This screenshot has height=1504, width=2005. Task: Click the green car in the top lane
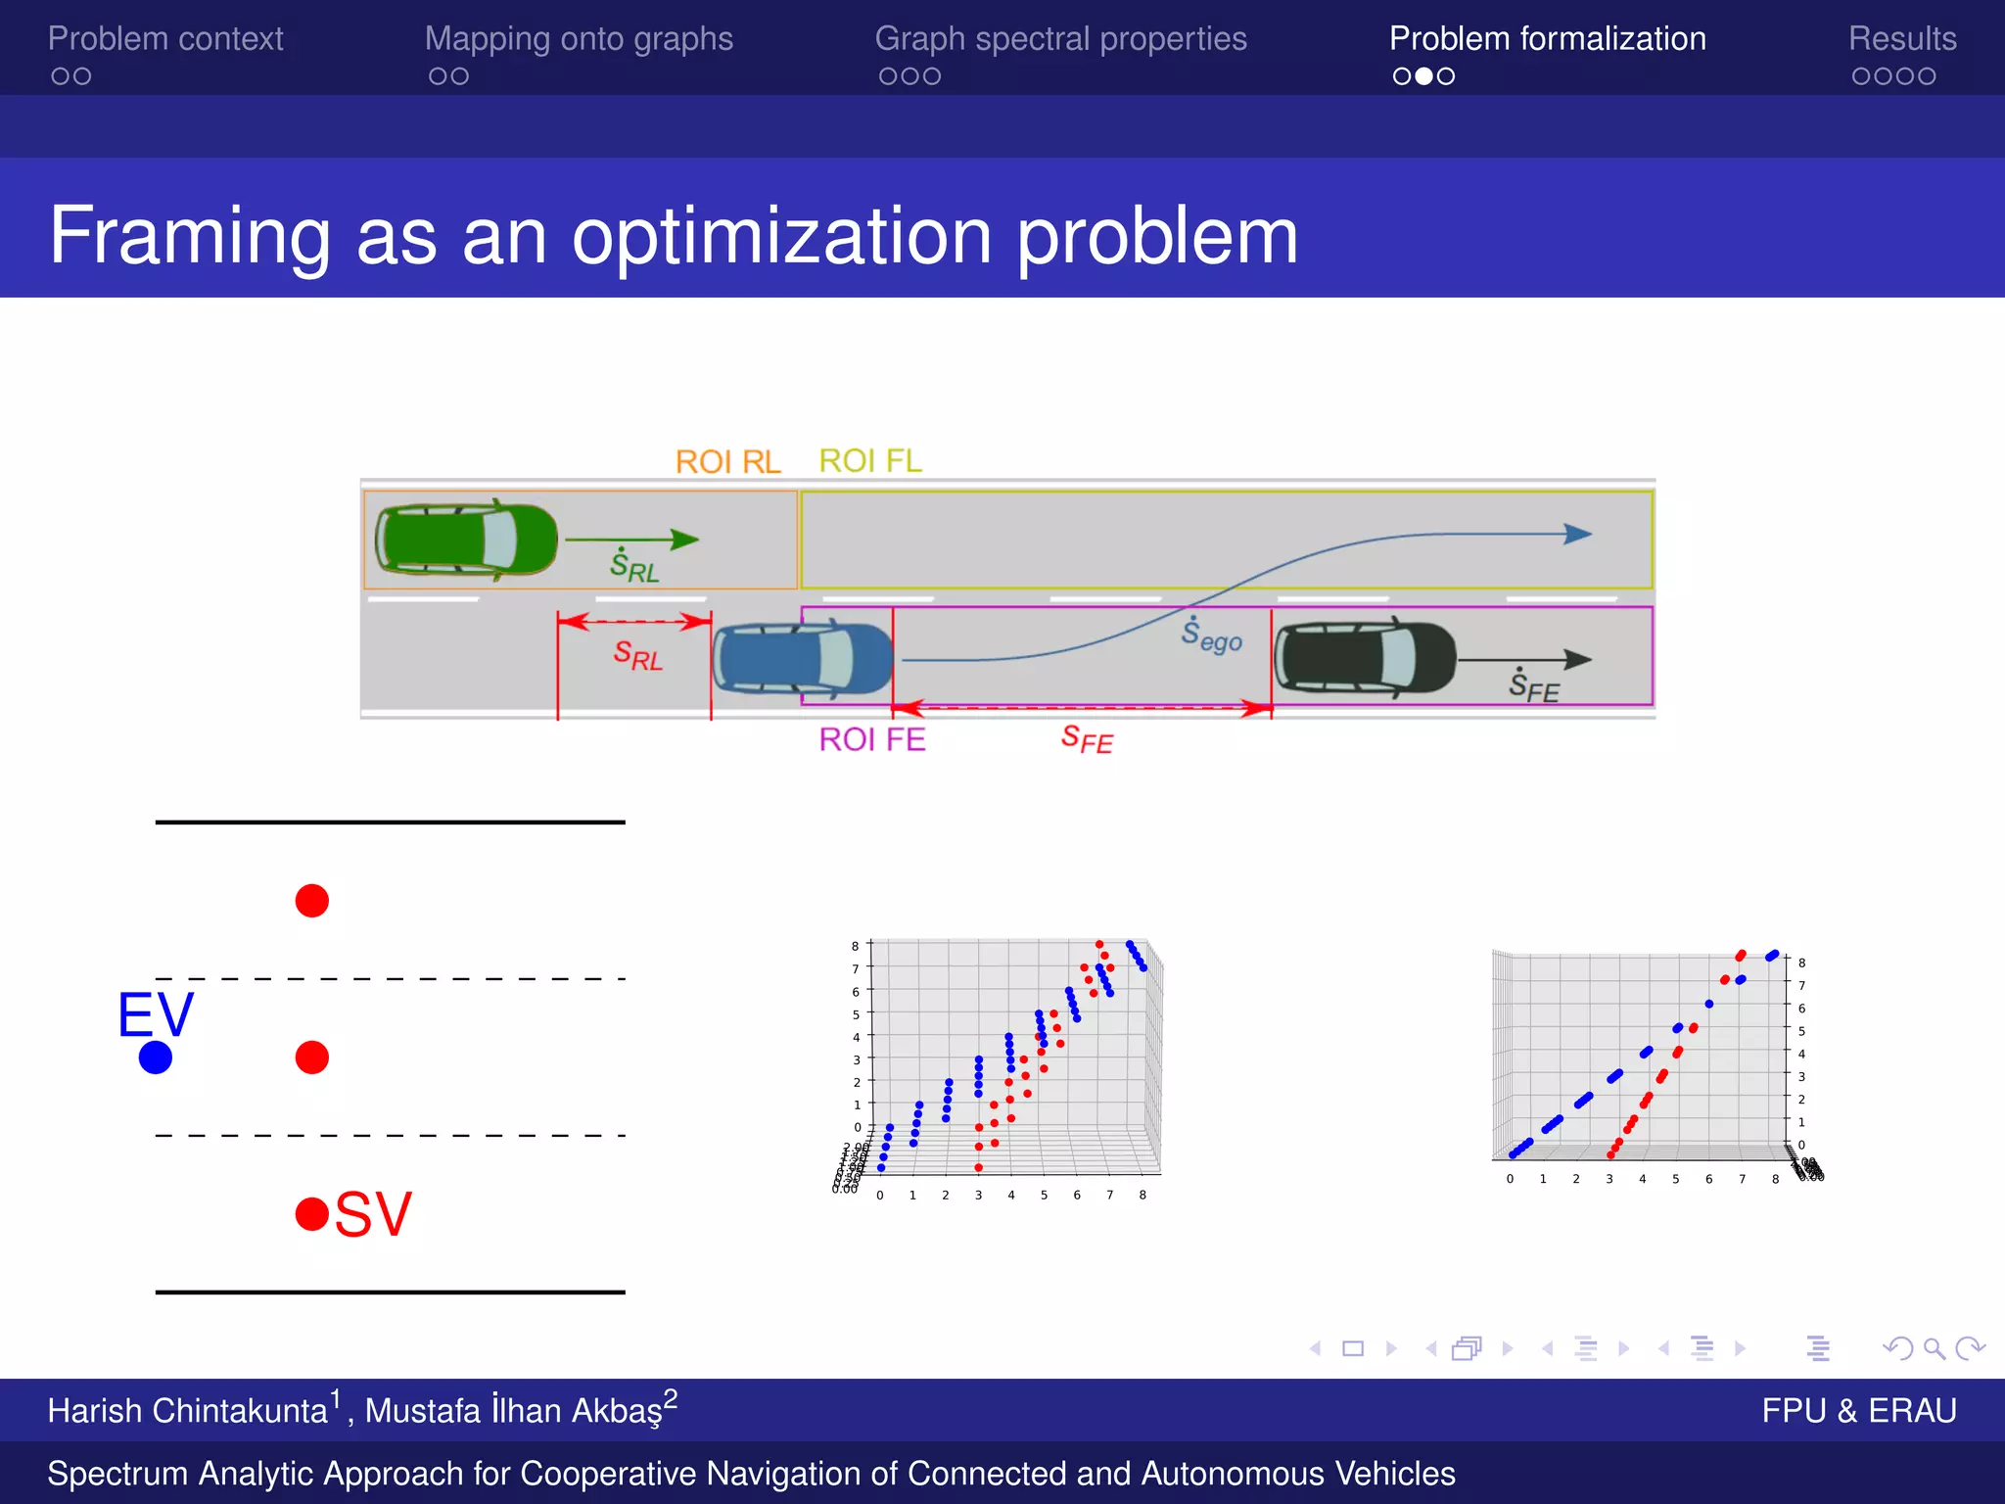(x=466, y=539)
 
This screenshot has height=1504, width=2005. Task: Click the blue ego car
(x=803, y=659)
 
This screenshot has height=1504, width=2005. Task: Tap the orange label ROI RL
(x=727, y=461)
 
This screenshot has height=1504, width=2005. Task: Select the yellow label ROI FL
(x=870, y=460)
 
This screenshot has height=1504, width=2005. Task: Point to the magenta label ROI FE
(x=871, y=739)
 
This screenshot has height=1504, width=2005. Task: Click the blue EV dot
(x=156, y=1057)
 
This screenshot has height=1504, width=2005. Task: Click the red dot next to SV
(x=311, y=1214)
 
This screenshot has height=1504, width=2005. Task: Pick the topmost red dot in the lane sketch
(x=311, y=900)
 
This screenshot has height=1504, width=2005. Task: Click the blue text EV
(x=156, y=1014)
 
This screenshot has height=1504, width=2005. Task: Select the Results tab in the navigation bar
(x=1901, y=39)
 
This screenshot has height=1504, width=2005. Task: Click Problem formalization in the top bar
(x=1547, y=39)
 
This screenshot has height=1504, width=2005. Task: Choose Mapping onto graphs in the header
(x=579, y=39)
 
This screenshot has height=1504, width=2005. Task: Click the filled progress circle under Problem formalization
(x=1423, y=76)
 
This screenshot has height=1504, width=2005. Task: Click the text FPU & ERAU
(x=1858, y=1410)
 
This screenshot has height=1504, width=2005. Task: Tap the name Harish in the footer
(x=96, y=1411)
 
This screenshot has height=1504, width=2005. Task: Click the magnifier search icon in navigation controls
(x=1934, y=1349)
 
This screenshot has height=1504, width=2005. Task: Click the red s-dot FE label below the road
(x=1087, y=739)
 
